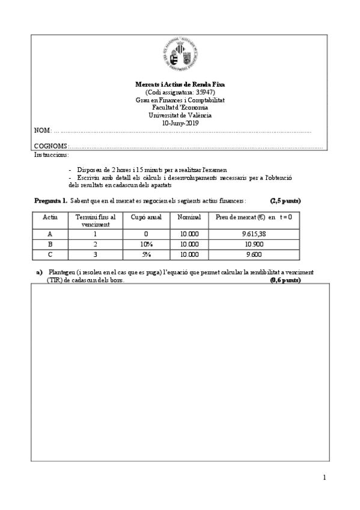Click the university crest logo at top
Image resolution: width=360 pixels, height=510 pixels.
[x=180, y=55]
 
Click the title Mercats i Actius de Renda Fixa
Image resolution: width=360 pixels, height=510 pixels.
[x=180, y=85]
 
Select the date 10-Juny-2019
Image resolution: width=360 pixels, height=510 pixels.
[x=180, y=123]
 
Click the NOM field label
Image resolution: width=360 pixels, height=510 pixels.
[x=41, y=131]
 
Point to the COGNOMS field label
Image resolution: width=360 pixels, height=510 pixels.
[x=51, y=146]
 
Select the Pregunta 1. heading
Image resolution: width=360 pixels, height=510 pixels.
[x=50, y=200]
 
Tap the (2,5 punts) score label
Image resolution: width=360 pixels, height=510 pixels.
[x=285, y=200]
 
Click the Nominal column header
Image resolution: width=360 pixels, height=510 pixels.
[x=189, y=217]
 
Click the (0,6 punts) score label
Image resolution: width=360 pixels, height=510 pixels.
[x=285, y=280]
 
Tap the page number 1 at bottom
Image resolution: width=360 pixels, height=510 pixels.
[x=325, y=478]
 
